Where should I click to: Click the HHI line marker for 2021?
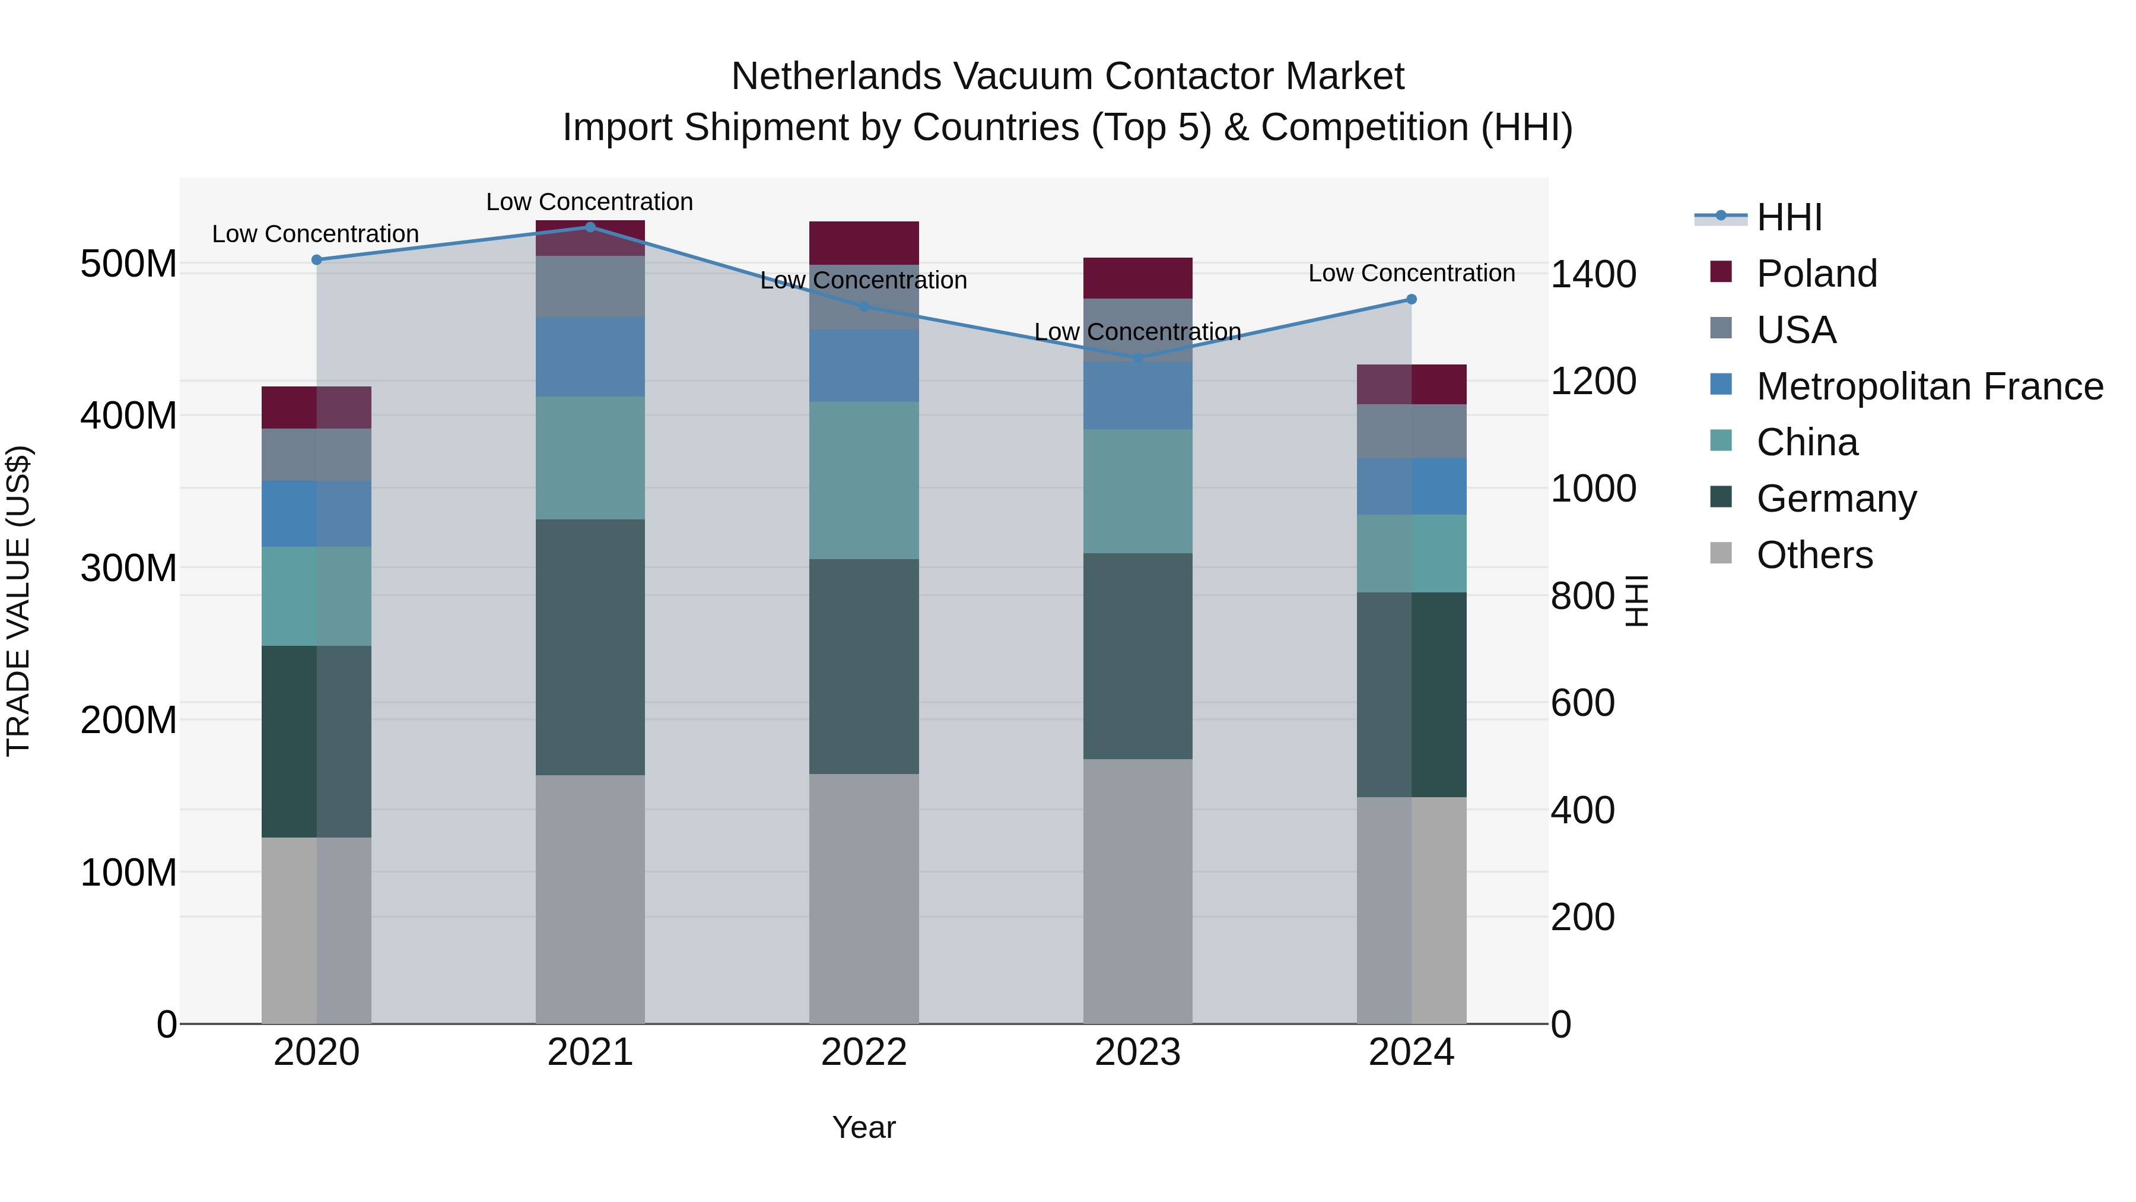pos(590,227)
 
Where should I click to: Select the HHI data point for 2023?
pos(1137,359)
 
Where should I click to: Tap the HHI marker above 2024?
pos(1412,300)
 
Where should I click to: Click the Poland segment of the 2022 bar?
pos(863,242)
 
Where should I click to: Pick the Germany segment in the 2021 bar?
pos(590,647)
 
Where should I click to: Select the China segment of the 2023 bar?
pos(1137,491)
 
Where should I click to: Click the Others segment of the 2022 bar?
pos(863,899)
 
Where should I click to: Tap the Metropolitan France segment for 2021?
pos(590,357)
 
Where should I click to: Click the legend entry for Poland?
pos(1816,274)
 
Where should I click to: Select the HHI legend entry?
pos(1788,217)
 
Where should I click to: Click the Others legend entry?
pos(1814,555)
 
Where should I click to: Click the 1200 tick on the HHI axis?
pos(1593,382)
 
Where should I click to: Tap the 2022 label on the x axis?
pos(863,1052)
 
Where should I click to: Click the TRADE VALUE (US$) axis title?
pos(19,601)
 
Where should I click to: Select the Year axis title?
pos(863,1127)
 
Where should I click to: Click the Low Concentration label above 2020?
pos(315,234)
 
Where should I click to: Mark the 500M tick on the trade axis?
pos(129,265)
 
